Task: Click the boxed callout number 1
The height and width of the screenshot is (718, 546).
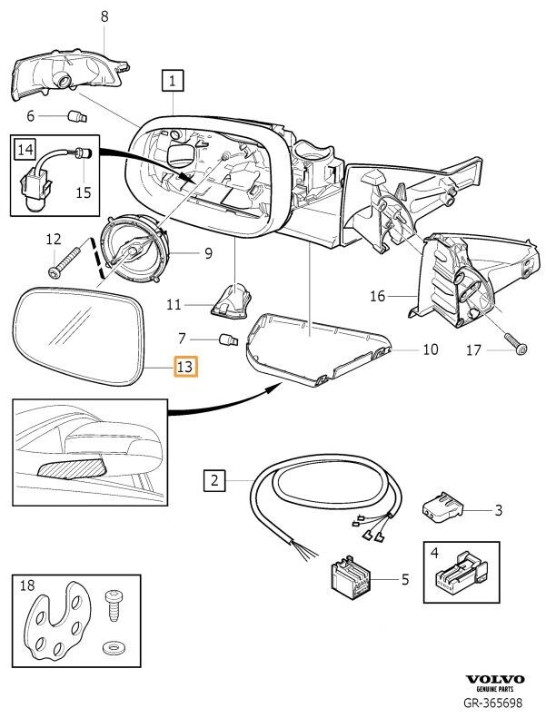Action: point(173,82)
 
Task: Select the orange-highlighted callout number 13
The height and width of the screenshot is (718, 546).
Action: point(184,367)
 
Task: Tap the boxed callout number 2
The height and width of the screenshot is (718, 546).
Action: point(213,479)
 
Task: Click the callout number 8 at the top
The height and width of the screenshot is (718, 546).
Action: point(104,16)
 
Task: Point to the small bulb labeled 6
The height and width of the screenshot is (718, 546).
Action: point(77,115)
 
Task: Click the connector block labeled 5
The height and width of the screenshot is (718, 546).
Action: point(352,578)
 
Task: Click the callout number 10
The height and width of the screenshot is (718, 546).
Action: point(430,349)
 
